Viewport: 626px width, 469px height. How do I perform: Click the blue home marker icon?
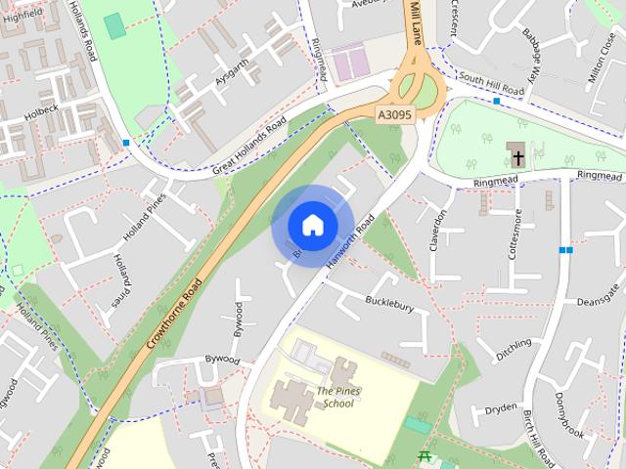click(312, 225)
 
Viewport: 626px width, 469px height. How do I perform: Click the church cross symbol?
click(516, 154)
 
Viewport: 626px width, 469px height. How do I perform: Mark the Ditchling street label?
click(513, 350)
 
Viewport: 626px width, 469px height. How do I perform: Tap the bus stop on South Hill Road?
click(498, 101)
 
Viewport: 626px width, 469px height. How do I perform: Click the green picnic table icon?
click(425, 456)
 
